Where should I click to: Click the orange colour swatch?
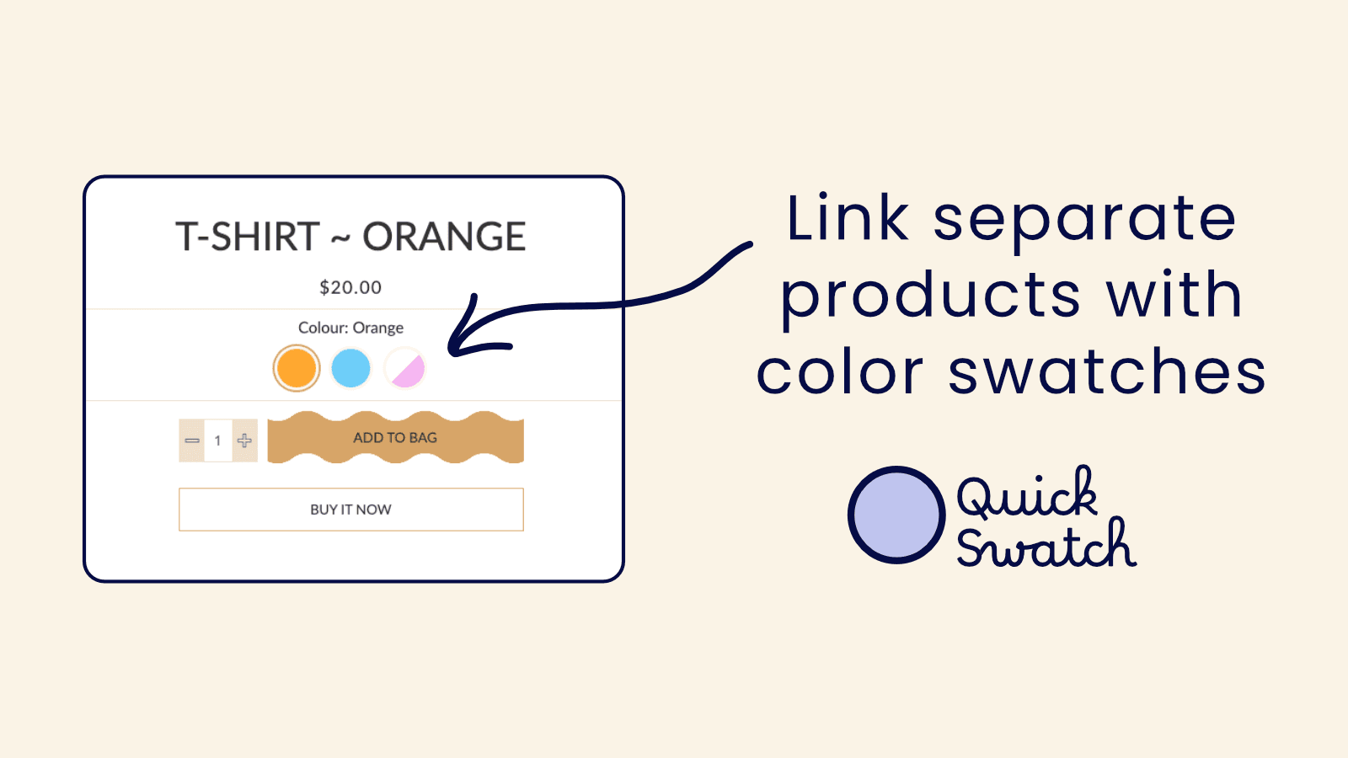(x=297, y=368)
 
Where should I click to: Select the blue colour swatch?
(x=350, y=368)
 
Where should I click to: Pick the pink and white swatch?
(x=405, y=368)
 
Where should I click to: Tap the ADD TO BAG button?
(x=395, y=438)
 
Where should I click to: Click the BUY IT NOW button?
(x=350, y=510)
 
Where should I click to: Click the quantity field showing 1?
(x=217, y=440)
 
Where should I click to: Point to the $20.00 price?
(x=350, y=287)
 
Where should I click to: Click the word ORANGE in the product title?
(x=444, y=237)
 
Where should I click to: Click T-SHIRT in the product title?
(x=248, y=237)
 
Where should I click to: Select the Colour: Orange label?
(x=350, y=328)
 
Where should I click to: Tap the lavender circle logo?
(x=896, y=515)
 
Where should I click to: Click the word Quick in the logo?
(x=1027, y=494)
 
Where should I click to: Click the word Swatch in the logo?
(x=1046, y=546)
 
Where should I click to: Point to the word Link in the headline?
(x=848, y=218)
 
